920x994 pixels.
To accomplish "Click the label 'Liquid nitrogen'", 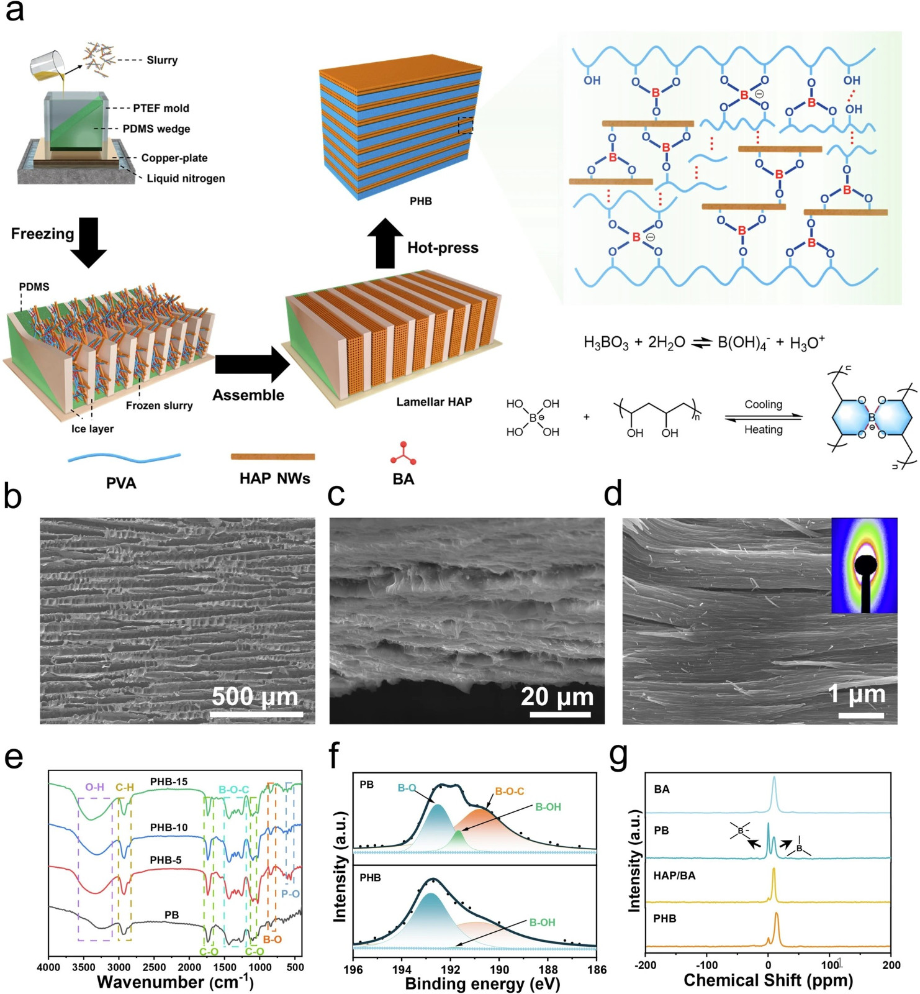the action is pos(186,178).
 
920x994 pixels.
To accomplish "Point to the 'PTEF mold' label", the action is pos(161,108).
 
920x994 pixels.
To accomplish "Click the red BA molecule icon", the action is pos(403,454).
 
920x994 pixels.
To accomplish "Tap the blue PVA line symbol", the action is pos(124,458).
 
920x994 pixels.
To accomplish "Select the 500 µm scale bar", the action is pos(256,714).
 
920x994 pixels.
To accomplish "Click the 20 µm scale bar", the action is pos(560,714).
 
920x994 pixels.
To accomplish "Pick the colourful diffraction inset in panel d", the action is pos(864,565).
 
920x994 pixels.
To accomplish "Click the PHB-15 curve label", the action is pos(169,782).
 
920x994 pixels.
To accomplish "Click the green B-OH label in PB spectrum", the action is pos(548,807).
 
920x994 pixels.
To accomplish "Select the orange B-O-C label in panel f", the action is pos(509,791).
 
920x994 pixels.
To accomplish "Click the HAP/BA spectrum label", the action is pos(674,876).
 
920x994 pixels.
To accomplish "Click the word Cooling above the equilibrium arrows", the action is pos(764,404).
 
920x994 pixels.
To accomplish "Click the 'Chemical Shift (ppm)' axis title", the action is pos(769,980).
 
